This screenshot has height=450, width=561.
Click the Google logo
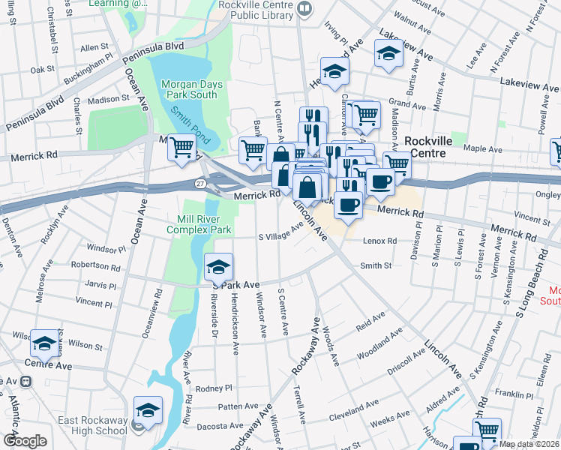click(25, 441)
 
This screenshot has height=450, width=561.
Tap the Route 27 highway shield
click(200, 183)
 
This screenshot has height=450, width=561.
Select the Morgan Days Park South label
click(192, 89)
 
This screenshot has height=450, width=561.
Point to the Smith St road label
click(376, 265)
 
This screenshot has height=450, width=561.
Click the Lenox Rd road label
click(380, 241)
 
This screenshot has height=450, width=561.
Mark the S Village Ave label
click(280, 232)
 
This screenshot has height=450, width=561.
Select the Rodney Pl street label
click(214, 388)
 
